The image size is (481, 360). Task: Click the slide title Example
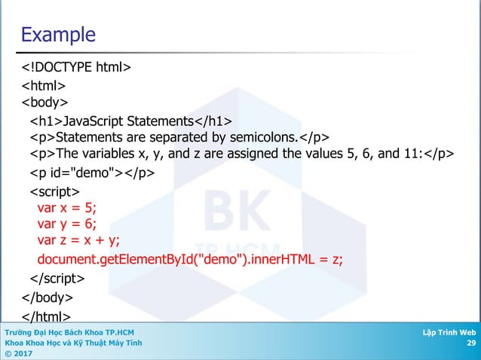click(58, 35)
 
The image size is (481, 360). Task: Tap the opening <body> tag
click(44, 102)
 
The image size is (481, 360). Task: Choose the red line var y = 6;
click(67, 224)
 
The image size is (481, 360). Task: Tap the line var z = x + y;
click(78, 240)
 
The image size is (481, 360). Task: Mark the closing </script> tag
click(57, 279)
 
